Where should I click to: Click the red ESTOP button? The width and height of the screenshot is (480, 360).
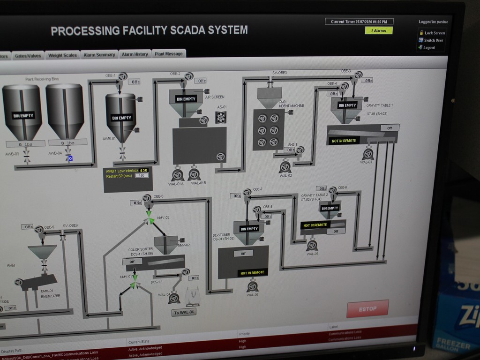coord(367,308)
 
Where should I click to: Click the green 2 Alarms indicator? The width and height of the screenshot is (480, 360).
coord(379,30)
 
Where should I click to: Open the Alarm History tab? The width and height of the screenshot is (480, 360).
coord(135,54)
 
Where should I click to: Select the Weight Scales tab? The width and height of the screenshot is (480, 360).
coord(62,55)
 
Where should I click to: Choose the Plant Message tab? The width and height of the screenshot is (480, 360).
coord(168,54)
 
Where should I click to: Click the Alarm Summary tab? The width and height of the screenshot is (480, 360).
coord(99,55)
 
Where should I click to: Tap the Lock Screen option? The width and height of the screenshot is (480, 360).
coord(432,33)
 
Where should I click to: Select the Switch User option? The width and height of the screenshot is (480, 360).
coord(431,40)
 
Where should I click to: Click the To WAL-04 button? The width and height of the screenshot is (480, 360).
coord(184,312)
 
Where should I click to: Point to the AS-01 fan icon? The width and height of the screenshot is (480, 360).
coord(221,117)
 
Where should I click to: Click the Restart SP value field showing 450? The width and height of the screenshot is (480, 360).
coord(142,176)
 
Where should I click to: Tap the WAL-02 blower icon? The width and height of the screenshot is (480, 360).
coord(285,167)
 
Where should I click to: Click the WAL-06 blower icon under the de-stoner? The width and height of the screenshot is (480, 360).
coord(253,286)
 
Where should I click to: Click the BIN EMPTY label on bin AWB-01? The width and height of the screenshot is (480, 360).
coord(121,118)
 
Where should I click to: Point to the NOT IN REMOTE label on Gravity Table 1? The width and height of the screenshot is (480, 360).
coord(344,141)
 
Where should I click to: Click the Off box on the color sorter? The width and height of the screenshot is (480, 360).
coord(132,262)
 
